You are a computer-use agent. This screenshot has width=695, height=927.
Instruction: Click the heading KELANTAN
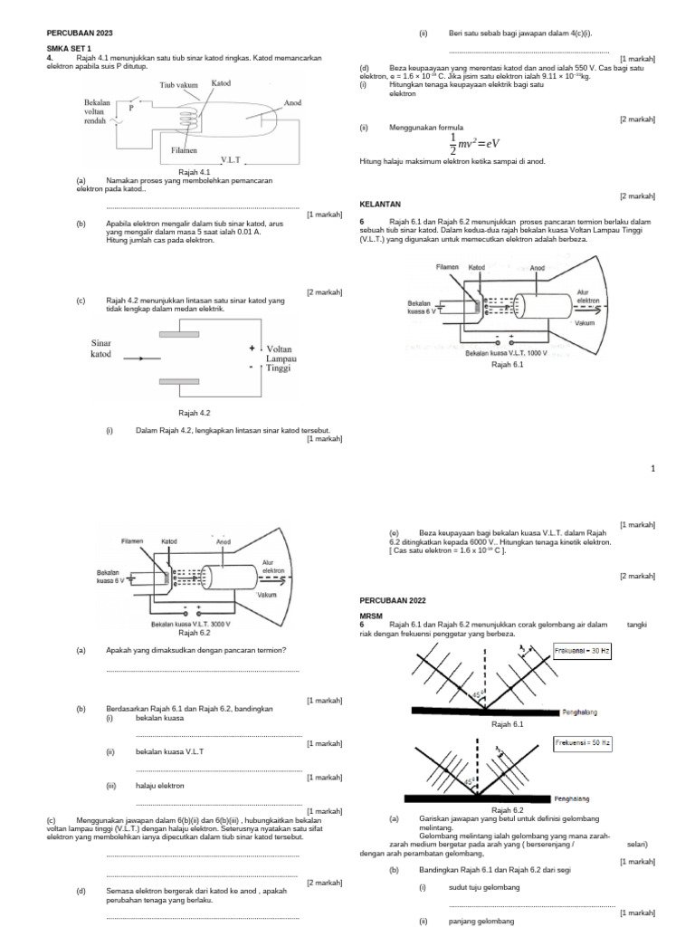pyautogui.click(x=380, y=205)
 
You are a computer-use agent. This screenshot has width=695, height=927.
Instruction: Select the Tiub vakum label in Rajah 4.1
pyautogui.click(x=178, y=84)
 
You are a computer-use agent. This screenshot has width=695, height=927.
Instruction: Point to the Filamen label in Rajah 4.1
pyautogui.click(x=183, y=149)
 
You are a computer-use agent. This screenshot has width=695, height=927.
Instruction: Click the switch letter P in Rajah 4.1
pyautogui.click(x=131, y=107)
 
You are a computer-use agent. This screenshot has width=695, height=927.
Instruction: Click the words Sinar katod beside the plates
pyautogui.click(x=101, y=349)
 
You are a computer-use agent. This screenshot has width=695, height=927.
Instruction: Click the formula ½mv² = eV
pyautogui.click(x=474, y=143)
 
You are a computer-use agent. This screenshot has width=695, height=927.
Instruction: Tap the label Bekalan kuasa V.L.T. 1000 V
pyautogui.click(x=507, y=353)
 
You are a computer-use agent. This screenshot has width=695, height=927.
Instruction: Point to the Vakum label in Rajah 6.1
pyautogui.click(x=584, y=323)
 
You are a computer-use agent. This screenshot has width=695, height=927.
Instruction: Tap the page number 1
pyautogui.click(x=652, y=467)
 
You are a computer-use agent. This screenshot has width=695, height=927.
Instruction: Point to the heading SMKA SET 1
pyautogui.click(x=69, y=51)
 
